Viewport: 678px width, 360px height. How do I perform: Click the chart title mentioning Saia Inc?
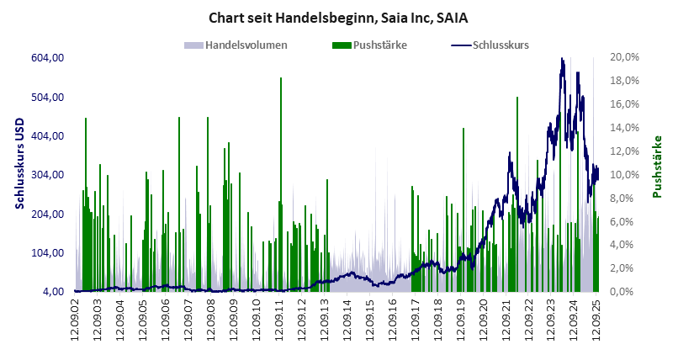click(x=337, y=16)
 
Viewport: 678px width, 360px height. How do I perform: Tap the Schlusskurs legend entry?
click(x=501, y=45)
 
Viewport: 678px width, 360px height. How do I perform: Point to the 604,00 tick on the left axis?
click(x=48, y=57)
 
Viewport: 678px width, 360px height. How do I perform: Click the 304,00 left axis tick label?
click(x=48, y=175)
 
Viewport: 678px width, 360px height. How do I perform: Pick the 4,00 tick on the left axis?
click(x=52, y=292)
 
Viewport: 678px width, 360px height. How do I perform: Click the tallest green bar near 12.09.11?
click(x=281, y=79)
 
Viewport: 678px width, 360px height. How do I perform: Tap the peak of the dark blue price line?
click(x=562, y=60)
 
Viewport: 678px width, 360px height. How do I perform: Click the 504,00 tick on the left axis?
click(x=48, y=97)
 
